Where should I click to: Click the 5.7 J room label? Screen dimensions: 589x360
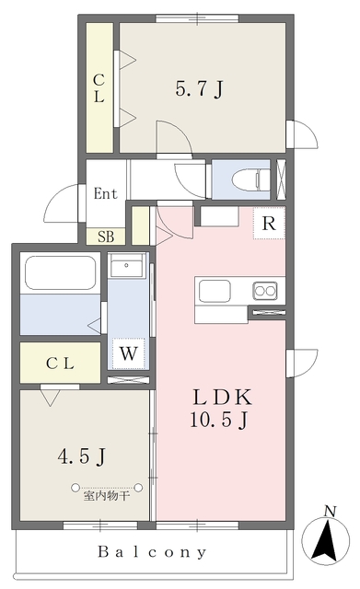(x=200, y=90)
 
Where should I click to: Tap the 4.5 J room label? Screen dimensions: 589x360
(x=83, y=455)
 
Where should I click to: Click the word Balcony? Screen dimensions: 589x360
(x=154, y=552)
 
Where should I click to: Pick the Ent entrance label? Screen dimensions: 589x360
(x=105, y=193)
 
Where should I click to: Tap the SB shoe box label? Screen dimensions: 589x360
(x=105, y=237)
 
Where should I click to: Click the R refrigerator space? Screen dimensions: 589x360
(x=269, y=223)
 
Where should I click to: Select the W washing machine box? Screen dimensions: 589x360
(x=128, y=352)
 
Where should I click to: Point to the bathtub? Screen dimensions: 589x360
(x=60, y=273)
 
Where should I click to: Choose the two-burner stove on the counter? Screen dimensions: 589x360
(x=265, y=291)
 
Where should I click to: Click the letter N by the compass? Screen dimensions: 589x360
(x=330, y=511)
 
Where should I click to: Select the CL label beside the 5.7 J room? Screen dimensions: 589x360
(x=99, y=90)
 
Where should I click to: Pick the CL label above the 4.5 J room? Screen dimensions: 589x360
(x=60, y=364)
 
